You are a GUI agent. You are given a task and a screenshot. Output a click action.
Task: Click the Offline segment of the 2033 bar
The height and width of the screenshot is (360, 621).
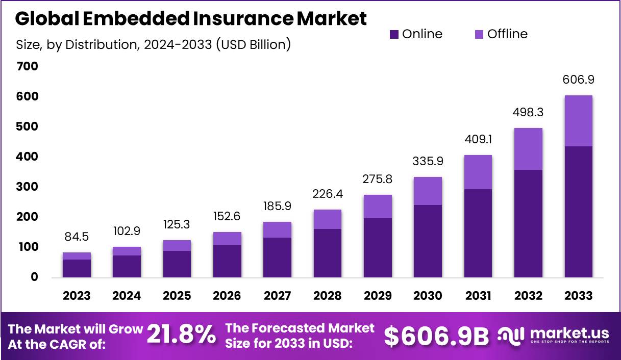click(x=578, y=121)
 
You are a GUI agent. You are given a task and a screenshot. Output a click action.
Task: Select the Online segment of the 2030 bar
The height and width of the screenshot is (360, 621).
click(x=428, y=241)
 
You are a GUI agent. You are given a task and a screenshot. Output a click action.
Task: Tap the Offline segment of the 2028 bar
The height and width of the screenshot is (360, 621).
click(x=327, y=219)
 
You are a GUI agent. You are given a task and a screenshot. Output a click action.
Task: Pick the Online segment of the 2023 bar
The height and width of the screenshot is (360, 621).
click(x=77, y=268)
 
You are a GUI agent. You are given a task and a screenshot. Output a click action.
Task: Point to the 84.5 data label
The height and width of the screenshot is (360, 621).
click(x=77, y=237)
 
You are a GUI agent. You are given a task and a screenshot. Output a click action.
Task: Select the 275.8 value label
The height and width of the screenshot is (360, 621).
click(x=378, y=179)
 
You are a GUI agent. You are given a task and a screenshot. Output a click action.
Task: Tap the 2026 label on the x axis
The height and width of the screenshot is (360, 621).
click(x=227, y=296)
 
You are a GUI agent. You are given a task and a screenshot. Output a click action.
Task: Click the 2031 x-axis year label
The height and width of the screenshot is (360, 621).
click(x=478, y=296)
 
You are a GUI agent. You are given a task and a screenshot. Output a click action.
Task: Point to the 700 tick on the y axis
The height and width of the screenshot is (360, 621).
click(x=27, y=66)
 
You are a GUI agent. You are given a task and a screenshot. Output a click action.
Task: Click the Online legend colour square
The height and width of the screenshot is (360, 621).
click(x=393, y=35)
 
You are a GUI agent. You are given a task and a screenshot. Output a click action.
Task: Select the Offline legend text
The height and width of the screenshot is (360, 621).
click(x=507, y=34)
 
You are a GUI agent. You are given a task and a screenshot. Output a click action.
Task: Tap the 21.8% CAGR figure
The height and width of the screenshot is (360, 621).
click(x=181, y=335)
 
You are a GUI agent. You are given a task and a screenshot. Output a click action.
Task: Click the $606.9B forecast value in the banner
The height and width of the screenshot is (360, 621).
click(x=436, y=336)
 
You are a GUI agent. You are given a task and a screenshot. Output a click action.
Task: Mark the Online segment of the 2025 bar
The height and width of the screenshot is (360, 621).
click(x=177, y=264)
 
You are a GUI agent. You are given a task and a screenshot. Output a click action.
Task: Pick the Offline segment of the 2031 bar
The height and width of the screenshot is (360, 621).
click(x=478, y=172)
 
